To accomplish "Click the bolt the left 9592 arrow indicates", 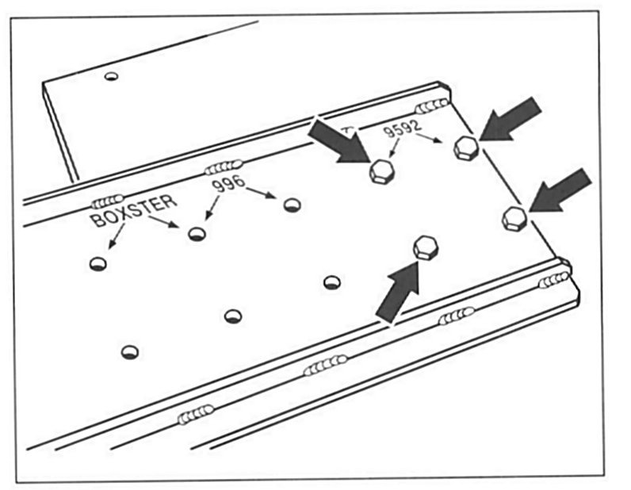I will (382, 171).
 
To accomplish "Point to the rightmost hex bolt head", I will (515, 217).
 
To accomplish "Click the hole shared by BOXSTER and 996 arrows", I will (197, 234).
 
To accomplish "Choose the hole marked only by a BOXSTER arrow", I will (98, 263).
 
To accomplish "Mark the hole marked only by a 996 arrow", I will (292, 205).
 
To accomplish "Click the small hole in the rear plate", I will (111, 77).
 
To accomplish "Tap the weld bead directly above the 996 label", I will (221, 167).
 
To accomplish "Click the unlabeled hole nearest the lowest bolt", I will (332, 282).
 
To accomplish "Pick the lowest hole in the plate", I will (130, 351).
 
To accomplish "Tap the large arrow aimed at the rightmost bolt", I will (563, 189).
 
